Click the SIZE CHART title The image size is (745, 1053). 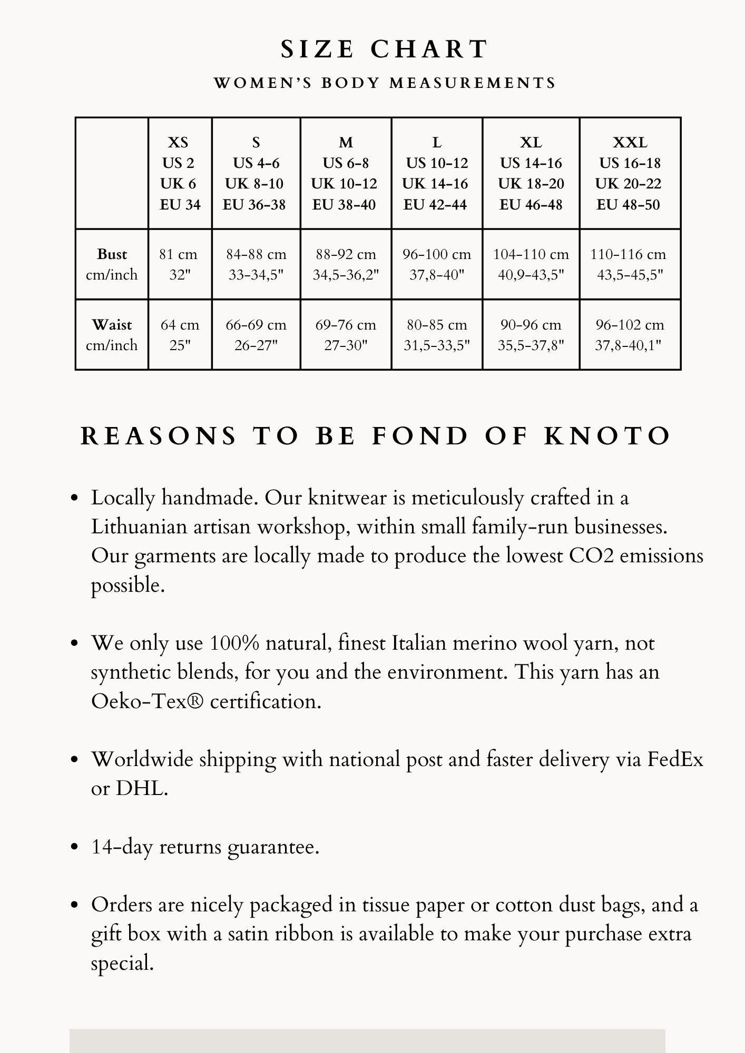pyautogui.click(x=384, y=49)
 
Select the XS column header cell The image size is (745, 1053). pyautogui.click(x=180, y=173)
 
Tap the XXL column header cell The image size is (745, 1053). pyautogui.click(x=630, y=173)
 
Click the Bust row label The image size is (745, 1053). pyautogui.click(x=112, y=264)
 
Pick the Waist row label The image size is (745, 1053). pyautogui.click(x=112, y=335)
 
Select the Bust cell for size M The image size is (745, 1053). pyautogui.click(x=346, y=264)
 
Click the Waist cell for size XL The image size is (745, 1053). pyautogui.click(x=531, y=335)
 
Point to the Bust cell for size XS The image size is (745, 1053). pyautogui.click(x=180, y=264)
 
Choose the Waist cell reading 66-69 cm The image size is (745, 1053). pyautogui.click(x=256, y=335)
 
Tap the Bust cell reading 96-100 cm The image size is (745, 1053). pyautogui.click(x=437, y=264)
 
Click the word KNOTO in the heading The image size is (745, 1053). pyautogui.click(x=607, y=436)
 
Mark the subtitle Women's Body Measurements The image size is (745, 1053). pyautogui.click(x=385, y=83)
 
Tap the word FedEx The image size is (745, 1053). pyautogui.click(x=674, y=760)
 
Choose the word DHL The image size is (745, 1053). pyautogui.click(x=141, y=789)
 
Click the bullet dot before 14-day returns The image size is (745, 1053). pyautogui.click(x=74, y=847)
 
